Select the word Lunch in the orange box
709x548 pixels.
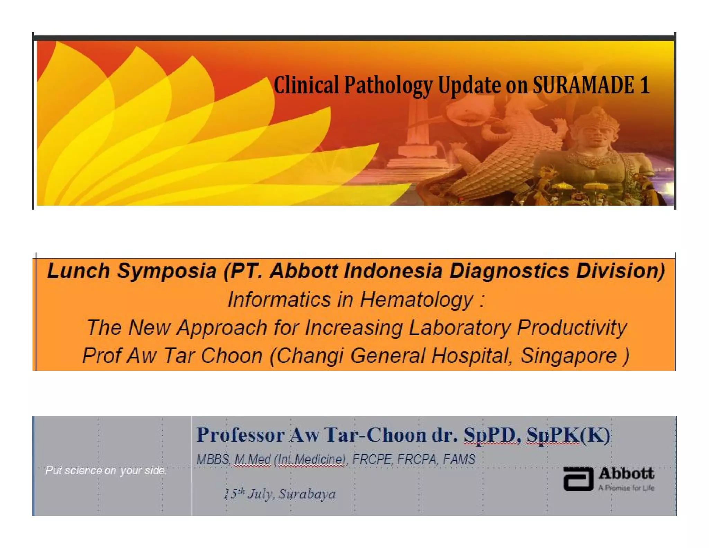click(x=78, y=271)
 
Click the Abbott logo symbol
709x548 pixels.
click(x=578, y=479)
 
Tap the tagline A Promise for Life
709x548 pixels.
click(x=626, y=488)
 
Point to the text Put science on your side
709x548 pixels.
click(x=106, y=470)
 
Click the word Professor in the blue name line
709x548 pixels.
click(x=240, y=435)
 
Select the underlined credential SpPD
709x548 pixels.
click(x=492, y=435)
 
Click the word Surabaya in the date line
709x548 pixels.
click(x=307, y=494)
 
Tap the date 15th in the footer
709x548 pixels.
click(x=234, y=493)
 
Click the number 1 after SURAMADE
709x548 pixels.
click(x=644, y=85)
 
